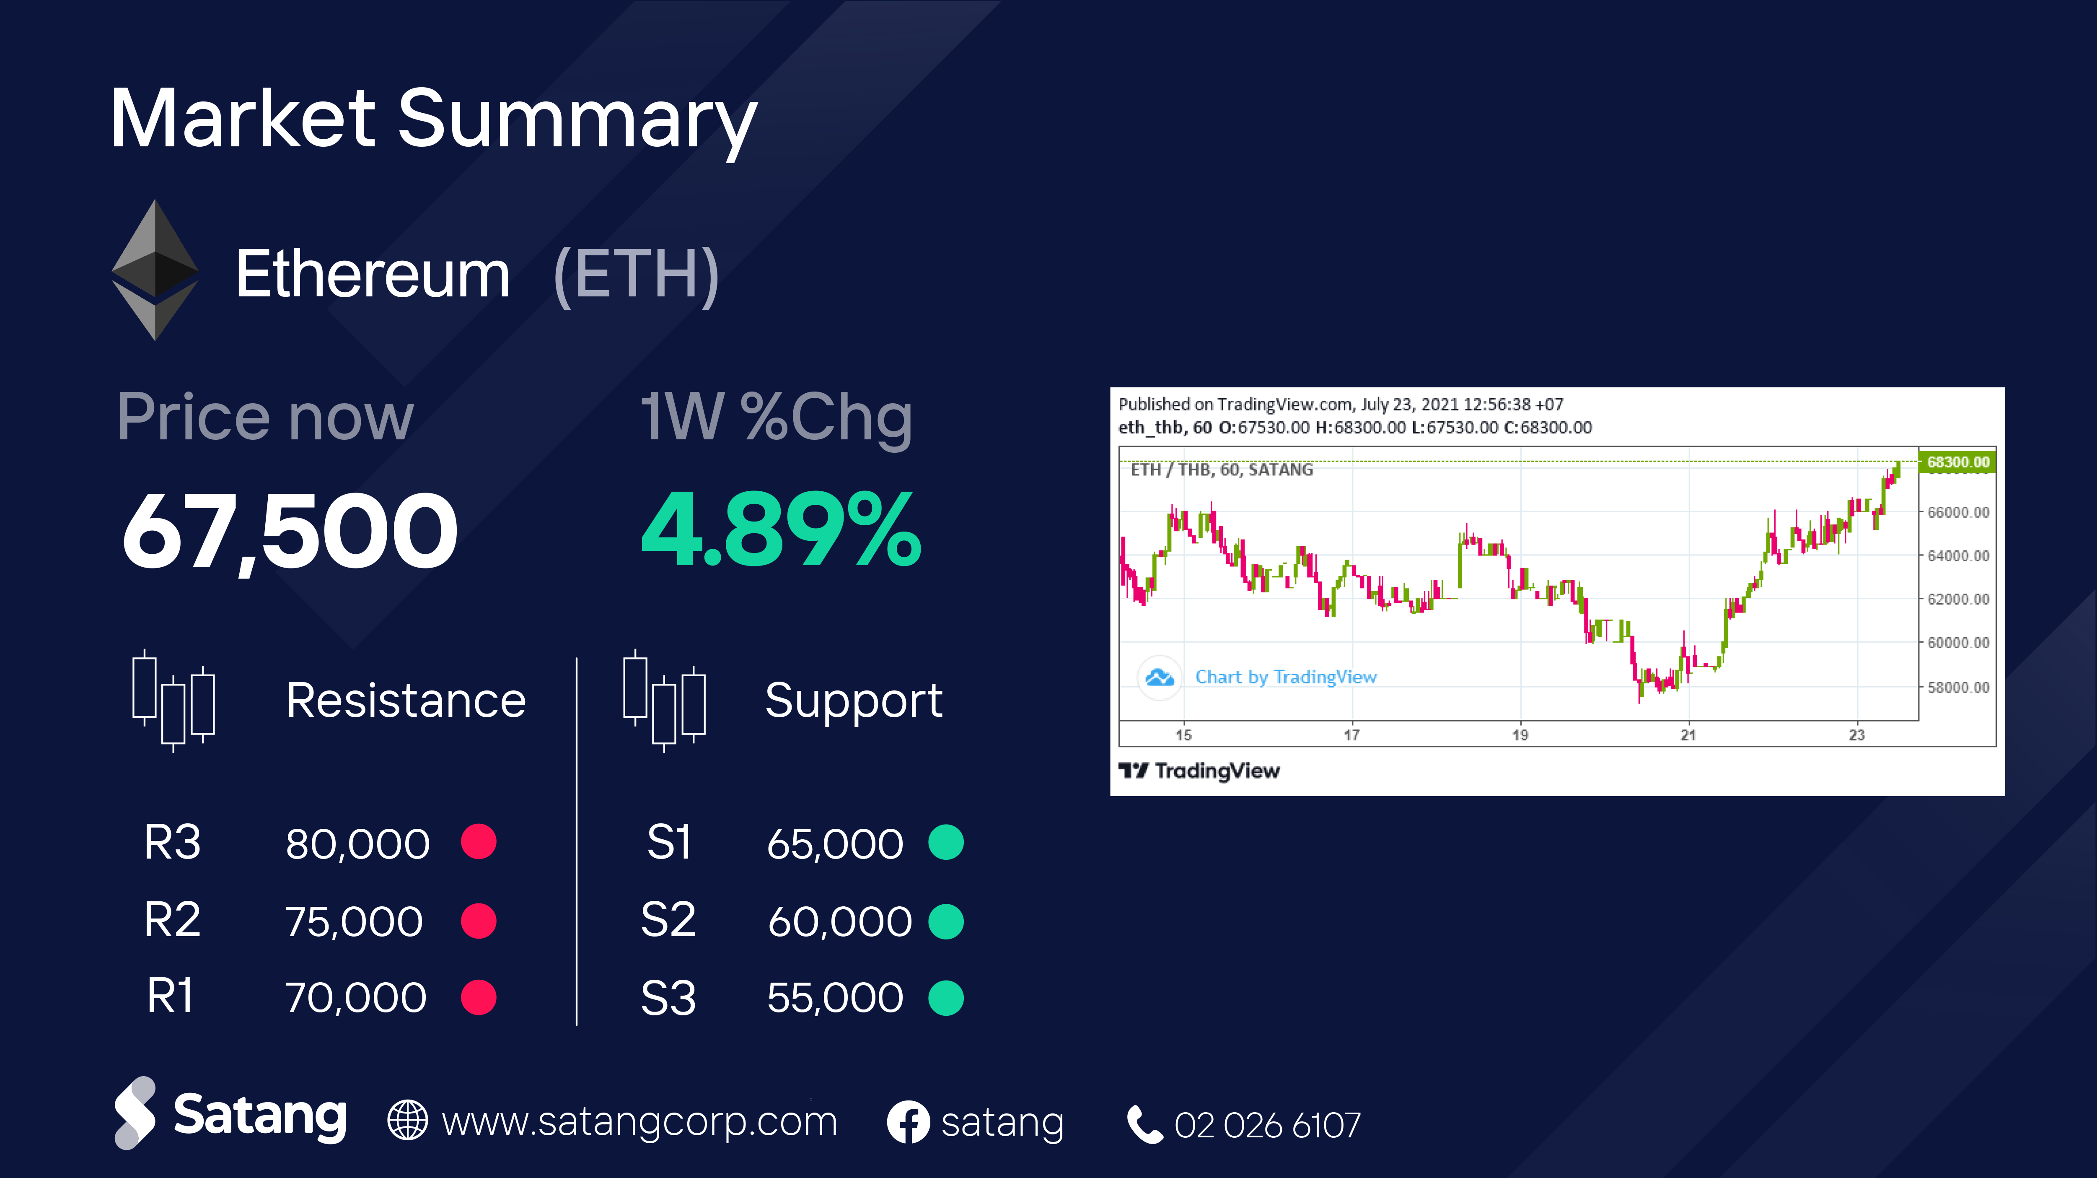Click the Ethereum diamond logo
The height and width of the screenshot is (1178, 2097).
[x=155, y=270]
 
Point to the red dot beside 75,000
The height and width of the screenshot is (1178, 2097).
[x=479, y=921]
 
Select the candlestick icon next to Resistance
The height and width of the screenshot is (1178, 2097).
[x=173, y=700]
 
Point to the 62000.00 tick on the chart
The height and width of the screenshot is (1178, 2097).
[x=1958, y=599]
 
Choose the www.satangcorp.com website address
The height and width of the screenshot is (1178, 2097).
[x=639, y=1122]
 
